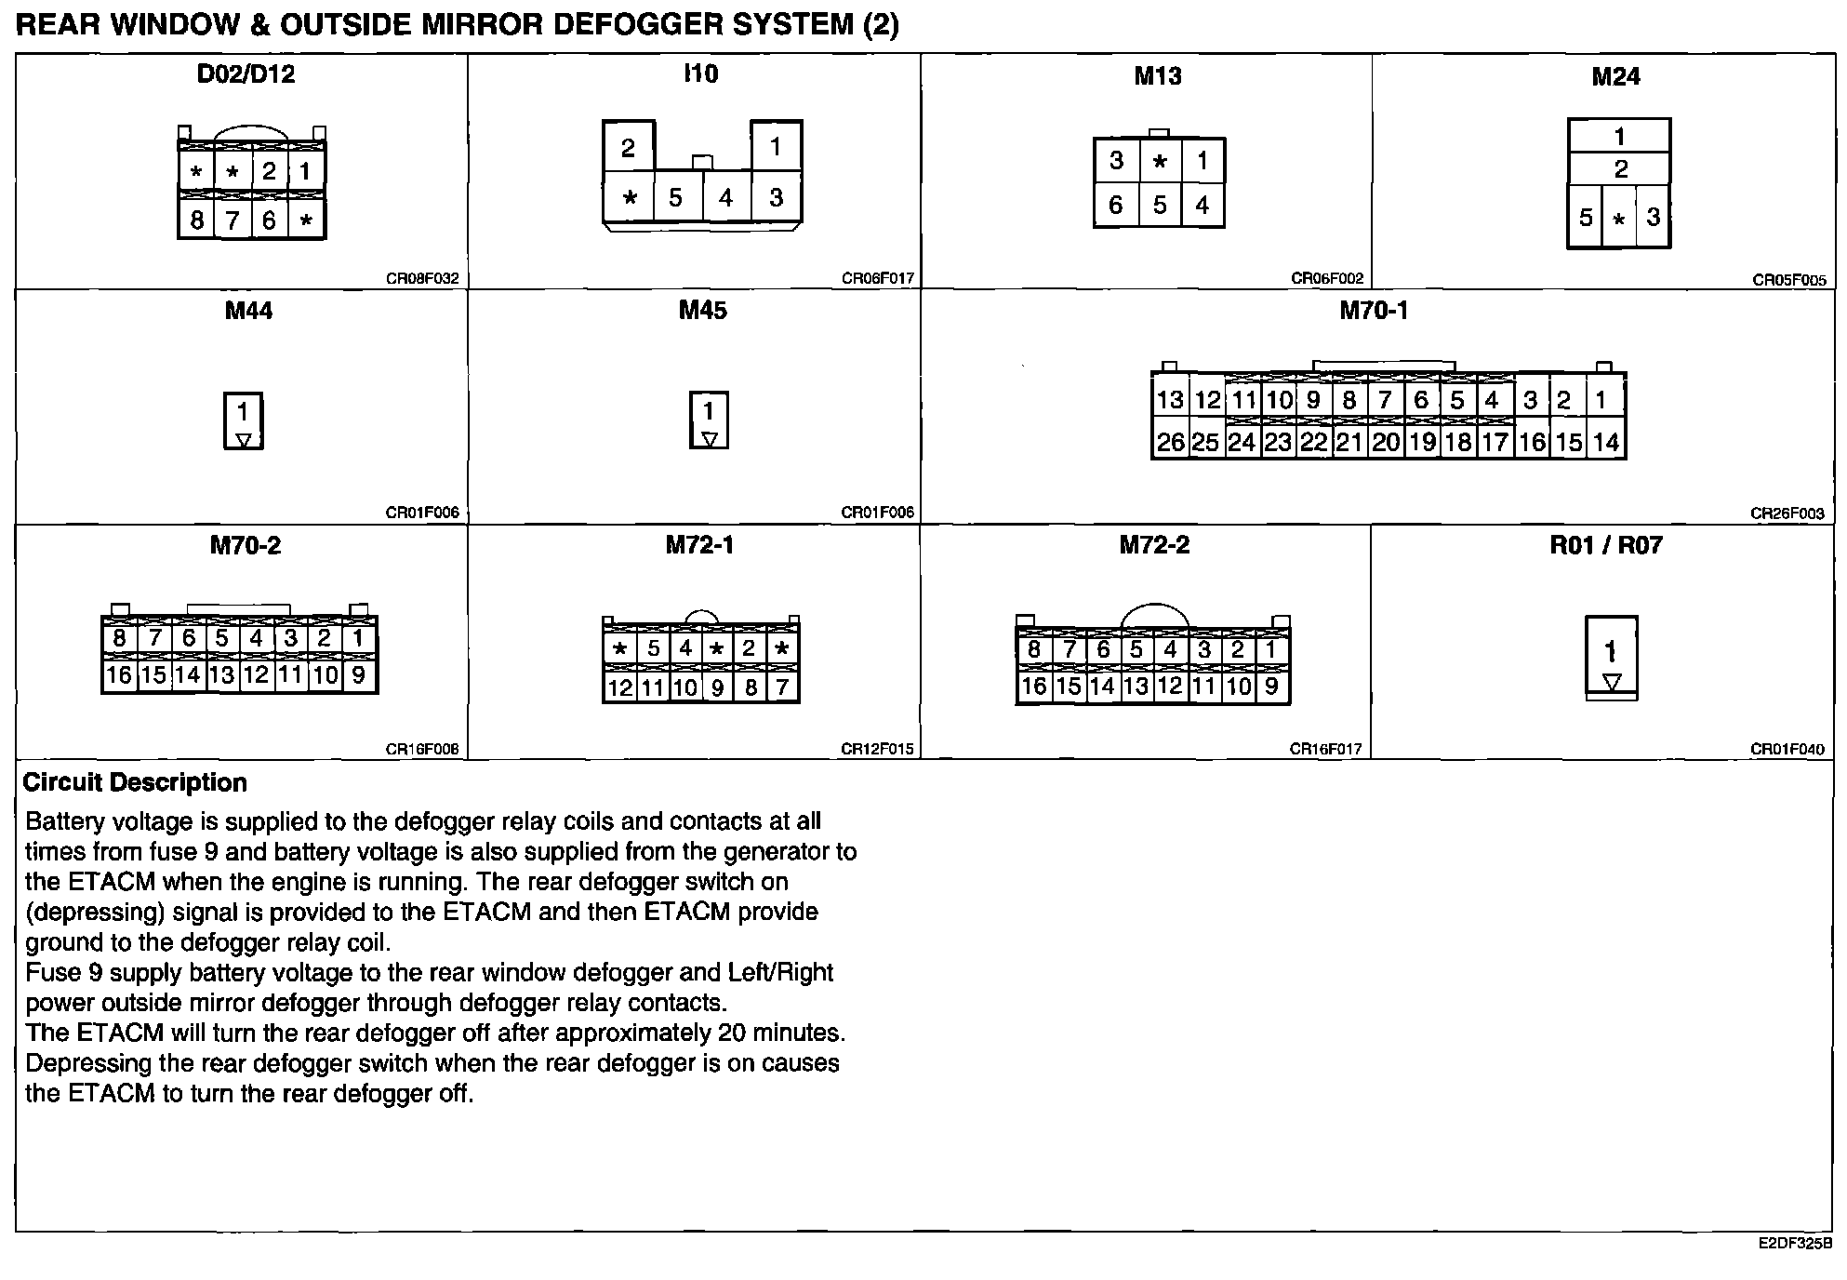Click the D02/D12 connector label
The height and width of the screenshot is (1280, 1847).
pos(246,74)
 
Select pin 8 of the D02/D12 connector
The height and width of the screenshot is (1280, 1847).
pos(196,220)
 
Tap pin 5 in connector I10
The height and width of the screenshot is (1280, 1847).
pos(675,197)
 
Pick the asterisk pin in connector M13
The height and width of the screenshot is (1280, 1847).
pos(1160,161)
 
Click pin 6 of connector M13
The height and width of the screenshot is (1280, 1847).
pos(1116,205)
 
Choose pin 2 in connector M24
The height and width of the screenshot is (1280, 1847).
pos(1620,169)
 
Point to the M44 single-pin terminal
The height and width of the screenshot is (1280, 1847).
pos(244,420)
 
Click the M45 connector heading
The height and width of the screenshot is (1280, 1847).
pos(702,311)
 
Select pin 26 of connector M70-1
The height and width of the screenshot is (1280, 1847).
pos(1170,442)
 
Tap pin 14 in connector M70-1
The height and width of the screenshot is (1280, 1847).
pos(1606,442)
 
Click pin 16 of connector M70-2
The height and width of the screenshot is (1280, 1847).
pos(119,674)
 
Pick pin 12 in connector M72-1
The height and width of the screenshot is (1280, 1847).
pos(619,687)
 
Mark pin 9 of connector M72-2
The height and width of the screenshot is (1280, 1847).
pos(1271,687)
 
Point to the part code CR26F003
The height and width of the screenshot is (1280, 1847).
pos(1787,513)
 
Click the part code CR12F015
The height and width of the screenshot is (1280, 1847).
pos(877,749)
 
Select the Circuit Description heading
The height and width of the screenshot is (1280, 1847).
pos(135,782)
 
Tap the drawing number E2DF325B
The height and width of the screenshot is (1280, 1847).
pos(1795,1243)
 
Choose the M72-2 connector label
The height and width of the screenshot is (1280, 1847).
pos(1154,545)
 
